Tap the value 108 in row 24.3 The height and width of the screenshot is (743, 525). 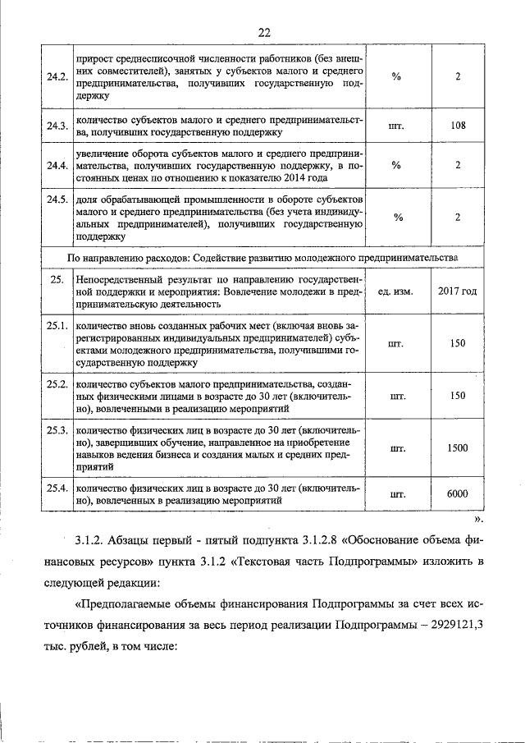459,126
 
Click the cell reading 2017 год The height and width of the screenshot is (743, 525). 458,292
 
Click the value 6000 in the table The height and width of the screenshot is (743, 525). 458,493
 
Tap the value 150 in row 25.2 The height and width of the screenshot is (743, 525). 458,396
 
